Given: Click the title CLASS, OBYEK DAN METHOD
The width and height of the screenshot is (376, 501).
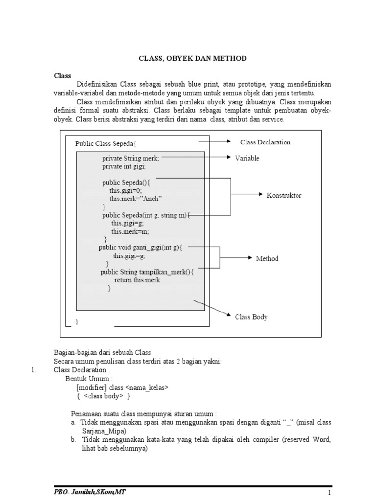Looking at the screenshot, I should (x=191, y=59).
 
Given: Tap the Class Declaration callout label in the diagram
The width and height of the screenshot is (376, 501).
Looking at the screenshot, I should (x=265, y=142).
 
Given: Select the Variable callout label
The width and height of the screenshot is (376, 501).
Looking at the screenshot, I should (x=247, y=158).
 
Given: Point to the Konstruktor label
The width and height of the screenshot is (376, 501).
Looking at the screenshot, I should (x=284, y=195).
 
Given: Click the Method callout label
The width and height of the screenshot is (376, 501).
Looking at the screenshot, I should (x=267, y=258).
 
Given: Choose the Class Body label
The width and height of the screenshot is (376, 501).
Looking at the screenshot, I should (x=251, y=317).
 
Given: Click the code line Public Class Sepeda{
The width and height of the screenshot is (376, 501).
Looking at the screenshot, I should (x=106, y=144).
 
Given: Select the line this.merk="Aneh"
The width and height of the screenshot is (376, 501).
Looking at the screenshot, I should (x=136, y=198).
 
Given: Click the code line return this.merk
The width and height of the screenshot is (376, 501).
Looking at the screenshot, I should (x=137, y=280).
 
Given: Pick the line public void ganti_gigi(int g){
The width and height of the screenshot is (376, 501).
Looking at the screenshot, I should (x=141, y=248).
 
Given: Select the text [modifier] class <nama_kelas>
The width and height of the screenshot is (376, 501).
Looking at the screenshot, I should (x=122, y=387).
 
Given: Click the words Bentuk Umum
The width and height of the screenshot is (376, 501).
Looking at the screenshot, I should (x=89, y=378).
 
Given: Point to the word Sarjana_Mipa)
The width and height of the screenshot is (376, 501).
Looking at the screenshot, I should (x=104, y=431).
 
